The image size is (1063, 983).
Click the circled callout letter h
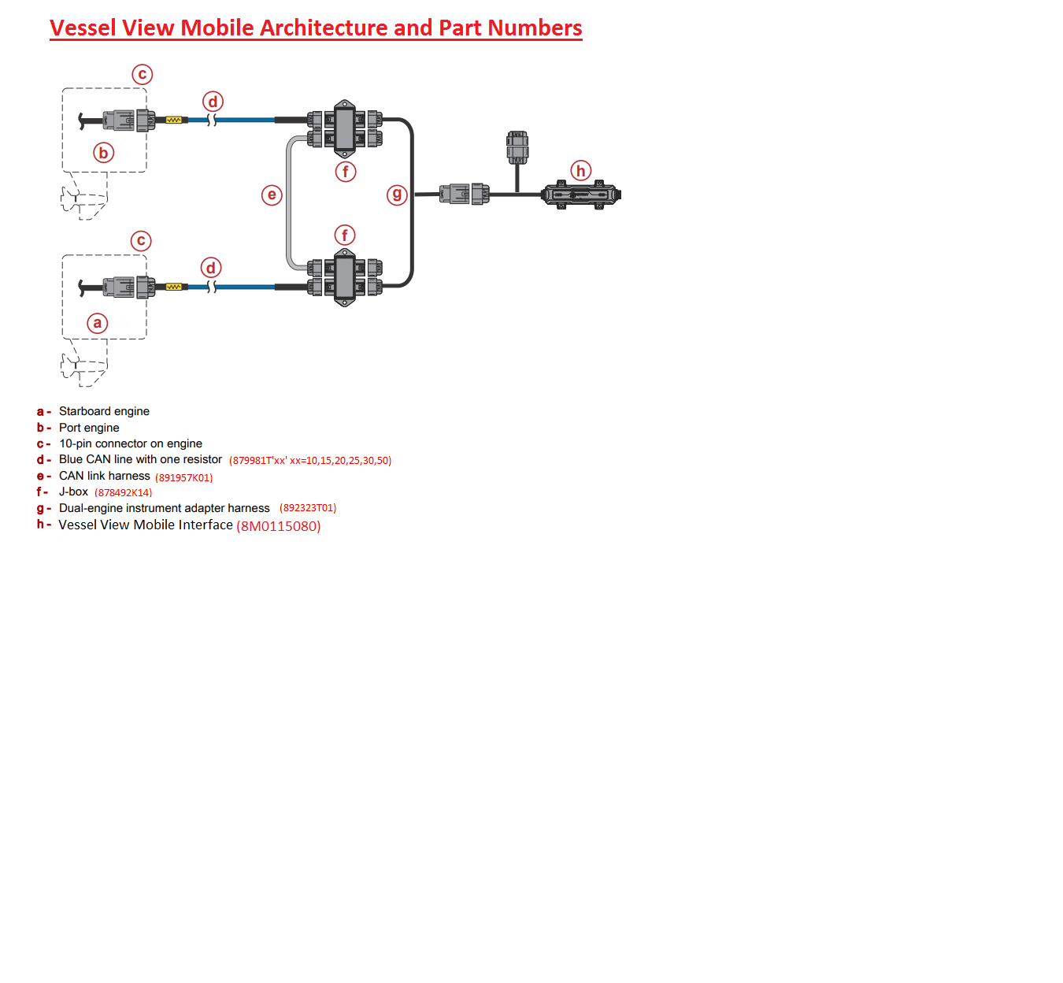click(581, 171)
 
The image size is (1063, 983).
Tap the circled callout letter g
click(397, 194)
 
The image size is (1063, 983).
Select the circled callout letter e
click(272, 195)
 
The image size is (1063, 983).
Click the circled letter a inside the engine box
click(98, 323)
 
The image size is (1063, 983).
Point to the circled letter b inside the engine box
click(103, 153)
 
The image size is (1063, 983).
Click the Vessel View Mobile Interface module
click(581, 194)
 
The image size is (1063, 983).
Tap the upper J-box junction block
click(344, 129)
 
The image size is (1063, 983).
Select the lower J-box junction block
click(344, 277)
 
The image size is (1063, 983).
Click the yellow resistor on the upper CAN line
click(174, 121)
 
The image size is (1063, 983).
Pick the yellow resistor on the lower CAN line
click(174, 287)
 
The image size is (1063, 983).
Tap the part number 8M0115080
click(279, 526)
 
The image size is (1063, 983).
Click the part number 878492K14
click(124, 493)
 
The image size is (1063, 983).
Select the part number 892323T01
click(308, 508)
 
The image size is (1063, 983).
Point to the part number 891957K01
click(184, 477)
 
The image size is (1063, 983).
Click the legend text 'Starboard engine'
click(104, 411)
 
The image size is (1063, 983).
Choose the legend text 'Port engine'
click(89, 428)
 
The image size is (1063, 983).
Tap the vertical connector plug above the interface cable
click(517, 147)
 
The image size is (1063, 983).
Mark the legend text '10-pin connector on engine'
click(131, 443)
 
